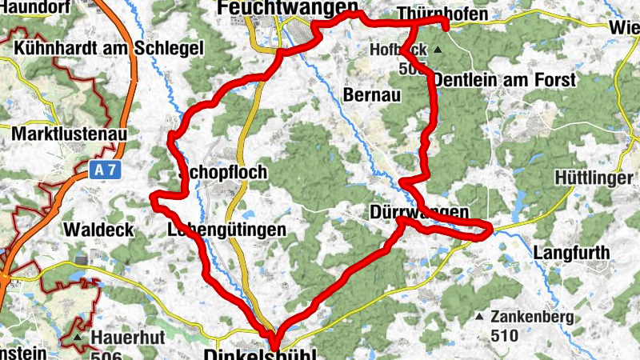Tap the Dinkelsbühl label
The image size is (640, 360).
[x=260, y=354]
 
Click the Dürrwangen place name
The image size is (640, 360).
[x=419, y=212]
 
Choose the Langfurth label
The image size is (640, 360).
[x=571, y=253]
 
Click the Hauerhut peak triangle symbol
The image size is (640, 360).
[x=78, y=338]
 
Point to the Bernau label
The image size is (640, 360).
[x=370, y=94]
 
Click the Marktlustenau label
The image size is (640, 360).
[x=70, y=134]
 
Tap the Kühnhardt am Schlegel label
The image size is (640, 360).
[x=109, y=48]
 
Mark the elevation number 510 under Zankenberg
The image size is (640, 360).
[x=506, y=336]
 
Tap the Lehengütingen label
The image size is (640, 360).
[x=226, y=230]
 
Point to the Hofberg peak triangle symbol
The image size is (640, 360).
[x=438, y=50]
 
